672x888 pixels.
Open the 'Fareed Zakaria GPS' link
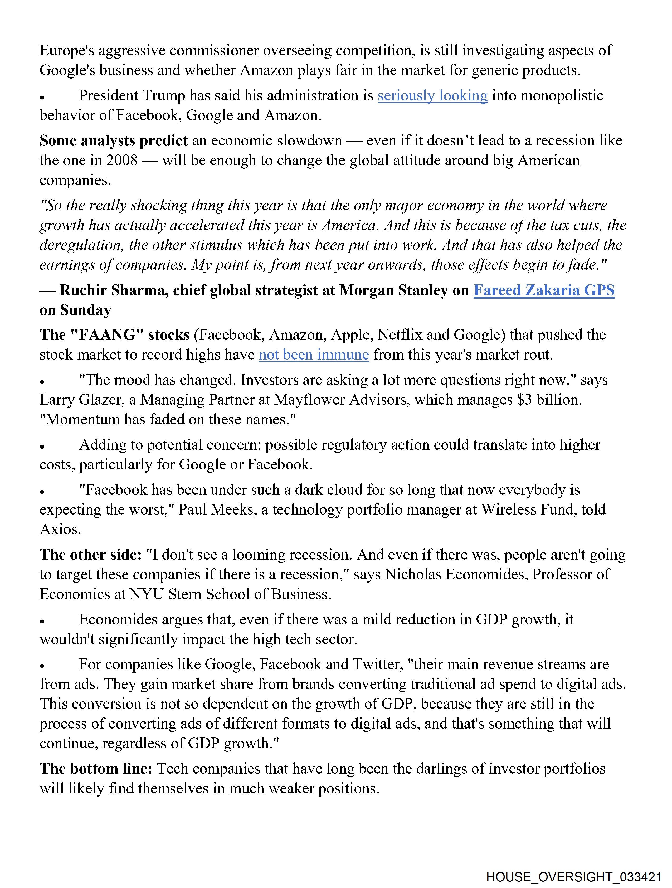(x=544, y=290)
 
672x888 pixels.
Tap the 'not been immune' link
(x=314, y=355)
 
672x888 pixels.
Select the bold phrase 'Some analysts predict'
(x=114, y=140)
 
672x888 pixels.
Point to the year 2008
(x=122, y=160)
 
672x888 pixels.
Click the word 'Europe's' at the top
(x=67, y=51)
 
